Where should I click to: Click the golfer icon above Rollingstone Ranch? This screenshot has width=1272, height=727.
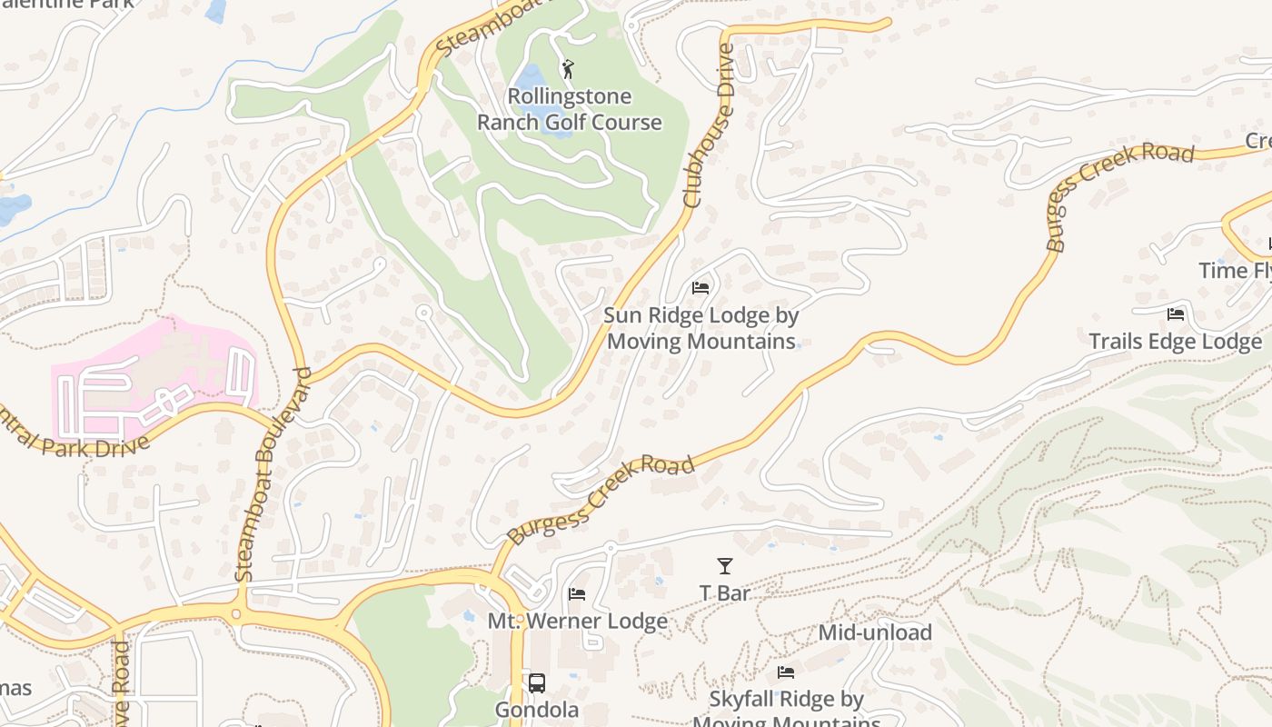coord(568,69)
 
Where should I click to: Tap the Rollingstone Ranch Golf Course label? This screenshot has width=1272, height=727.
coord(570,109)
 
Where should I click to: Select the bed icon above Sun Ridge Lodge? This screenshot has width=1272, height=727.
coord(701,288)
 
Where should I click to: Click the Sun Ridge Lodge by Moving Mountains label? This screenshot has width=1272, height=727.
coord(701,328)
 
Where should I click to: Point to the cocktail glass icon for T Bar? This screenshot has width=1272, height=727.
coord(724,567)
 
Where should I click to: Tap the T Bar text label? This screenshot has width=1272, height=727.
coord(724,593)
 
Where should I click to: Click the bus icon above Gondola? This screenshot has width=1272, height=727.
coord(537,682)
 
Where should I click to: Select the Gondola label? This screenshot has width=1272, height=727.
coord(537,710)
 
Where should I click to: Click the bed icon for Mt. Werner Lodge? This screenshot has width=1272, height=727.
coord(577,594)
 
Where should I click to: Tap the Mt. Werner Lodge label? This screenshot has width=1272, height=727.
coord(578,622)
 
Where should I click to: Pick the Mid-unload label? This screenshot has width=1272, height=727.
coord(875,632)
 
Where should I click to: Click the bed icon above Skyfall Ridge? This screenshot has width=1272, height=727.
coord(786,672)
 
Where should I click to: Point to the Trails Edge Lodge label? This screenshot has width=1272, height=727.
coord(1175,342)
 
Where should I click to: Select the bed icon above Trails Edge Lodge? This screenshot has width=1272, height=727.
coord(1176,314)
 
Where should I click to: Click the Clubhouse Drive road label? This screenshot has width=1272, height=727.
coord(711,125)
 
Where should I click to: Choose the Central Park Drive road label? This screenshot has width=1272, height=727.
coord(73,434)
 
